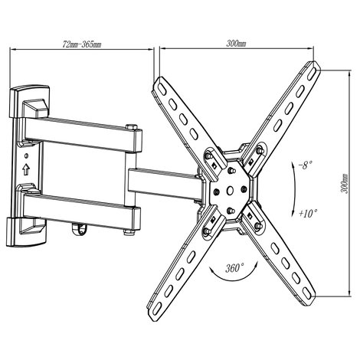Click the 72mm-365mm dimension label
(x=82, y=44)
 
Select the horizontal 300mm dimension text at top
(x=236, y=44)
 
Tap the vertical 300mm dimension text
(x=345, y=184)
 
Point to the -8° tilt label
(x=306, y=165)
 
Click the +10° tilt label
(x=308, y=213)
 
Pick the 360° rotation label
(x=234, y=268)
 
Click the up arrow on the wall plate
(x=26, y=169)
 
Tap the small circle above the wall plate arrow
(x=26, y=155)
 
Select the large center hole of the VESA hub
(x=230, y=190)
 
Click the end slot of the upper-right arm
(x=313, y=71)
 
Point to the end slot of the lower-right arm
(x=307, y=293)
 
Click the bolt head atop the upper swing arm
(x=132, y=127)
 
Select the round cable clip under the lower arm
(x=80, y=228)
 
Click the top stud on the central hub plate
(x=231, y=170)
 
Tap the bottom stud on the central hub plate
(x=231, y=211)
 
